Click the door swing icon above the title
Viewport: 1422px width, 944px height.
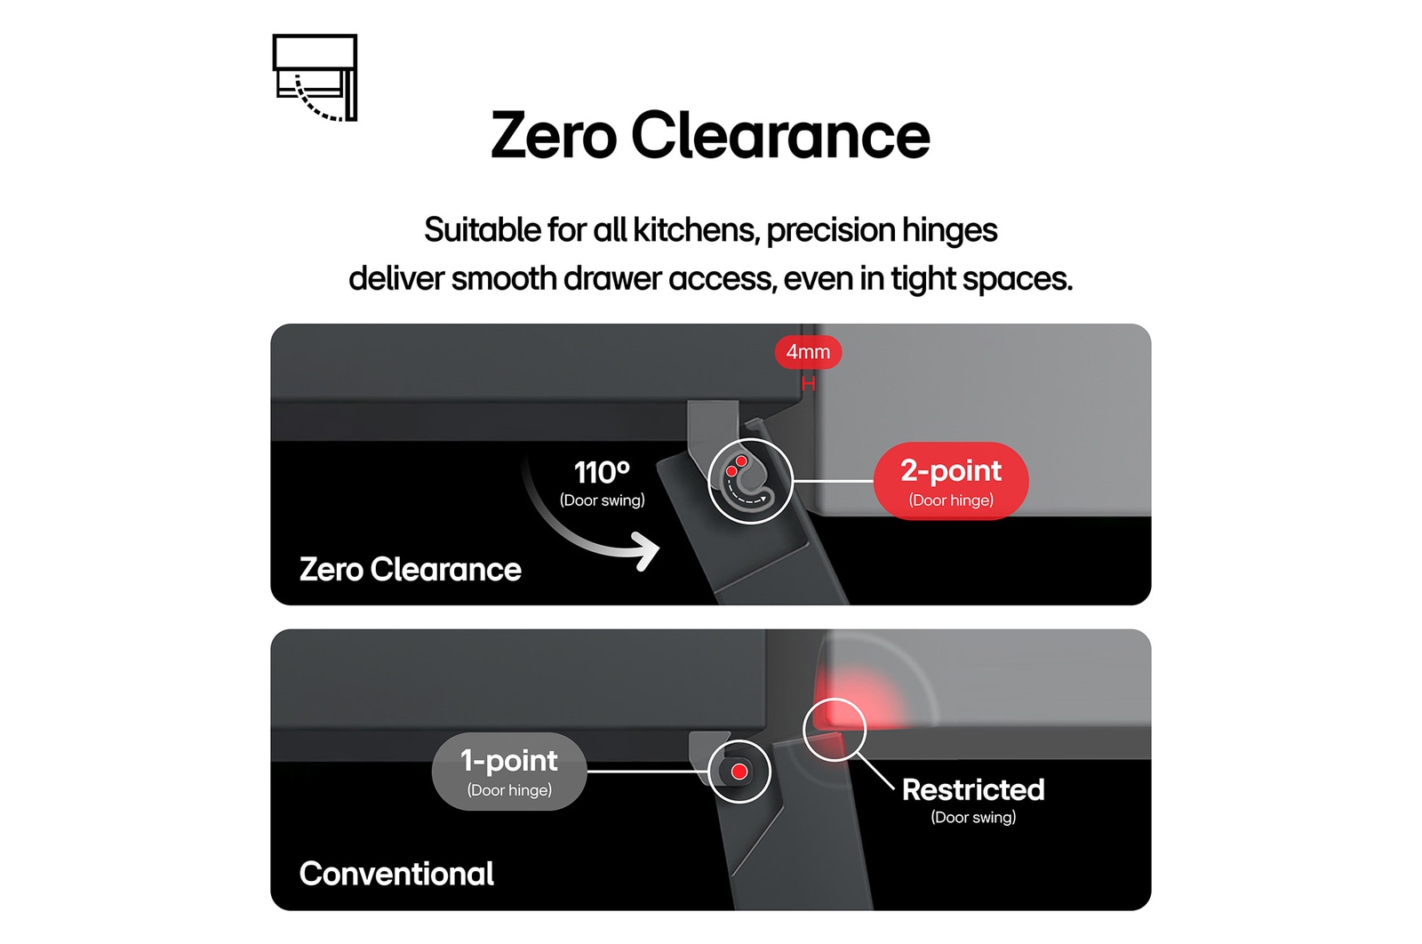[x=315, y=77]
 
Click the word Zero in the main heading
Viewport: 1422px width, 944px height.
[x=554, y=135]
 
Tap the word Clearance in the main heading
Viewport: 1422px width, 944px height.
[x=780, y=135]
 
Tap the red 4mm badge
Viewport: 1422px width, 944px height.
[x=808, y=352]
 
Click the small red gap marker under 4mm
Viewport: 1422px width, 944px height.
[x=808, y=384]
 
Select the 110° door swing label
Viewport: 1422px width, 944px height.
[x=602, y=483]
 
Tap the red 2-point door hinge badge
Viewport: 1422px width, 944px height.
[x=951, y=481]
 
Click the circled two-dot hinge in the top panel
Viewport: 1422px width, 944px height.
[x=750, y=481]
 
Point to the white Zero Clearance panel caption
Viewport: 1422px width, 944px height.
[x=410, y=569]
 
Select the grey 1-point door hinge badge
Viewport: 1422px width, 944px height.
[x=509, y=772]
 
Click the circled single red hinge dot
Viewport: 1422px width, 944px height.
[x=739, y=772]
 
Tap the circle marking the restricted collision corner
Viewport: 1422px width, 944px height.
[x=835, y=730]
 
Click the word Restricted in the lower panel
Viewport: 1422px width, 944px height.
[x=973, y=789]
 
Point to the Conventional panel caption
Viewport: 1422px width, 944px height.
[x=396, y=874]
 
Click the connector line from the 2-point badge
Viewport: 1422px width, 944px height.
[x=834, y=481]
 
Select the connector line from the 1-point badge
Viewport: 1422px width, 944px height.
[x=648, y=772]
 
